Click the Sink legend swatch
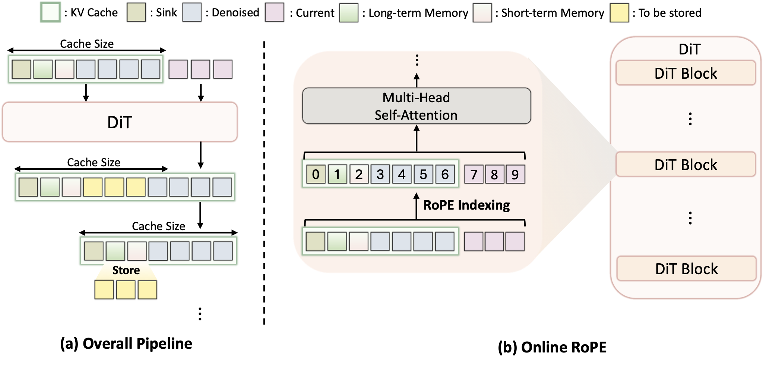[136, 13]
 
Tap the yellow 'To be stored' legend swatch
[619, 13]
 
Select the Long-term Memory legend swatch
[349, 13]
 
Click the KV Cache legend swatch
[50, 13]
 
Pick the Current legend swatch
[275, 13]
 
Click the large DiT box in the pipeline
[120, 122]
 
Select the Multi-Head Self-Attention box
[416, 106]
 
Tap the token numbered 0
[316, 174]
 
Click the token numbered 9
[515, 174]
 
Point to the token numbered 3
[380, 174]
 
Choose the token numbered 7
[474, 174]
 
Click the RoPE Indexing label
[466, 205]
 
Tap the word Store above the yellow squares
[126, 270]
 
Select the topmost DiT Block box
[686, 73]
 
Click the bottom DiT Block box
[686, 269]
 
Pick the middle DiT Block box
[686, 164]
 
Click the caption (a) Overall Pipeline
[126, 344]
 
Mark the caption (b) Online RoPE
[552, 347]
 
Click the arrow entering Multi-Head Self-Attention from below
[417, 138]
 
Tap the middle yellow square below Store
[126, 290]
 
